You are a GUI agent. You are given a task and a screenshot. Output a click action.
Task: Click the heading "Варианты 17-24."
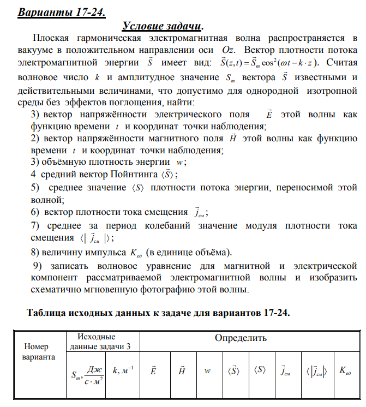click(x=62, y=11)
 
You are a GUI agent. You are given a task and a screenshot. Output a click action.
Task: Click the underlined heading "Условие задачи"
click(x=162, y=26)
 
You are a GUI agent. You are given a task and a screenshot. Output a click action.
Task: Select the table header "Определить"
click(x=241, y=338)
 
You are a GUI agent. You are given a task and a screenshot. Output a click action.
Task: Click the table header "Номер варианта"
click(x=35, y=352)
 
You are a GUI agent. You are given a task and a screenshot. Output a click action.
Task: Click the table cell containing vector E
click(x=153, y=371)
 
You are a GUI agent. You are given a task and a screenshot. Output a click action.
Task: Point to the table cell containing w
click(x=208, y=371)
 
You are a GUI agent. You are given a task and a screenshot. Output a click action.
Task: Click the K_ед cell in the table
click(x=345, y=371)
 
